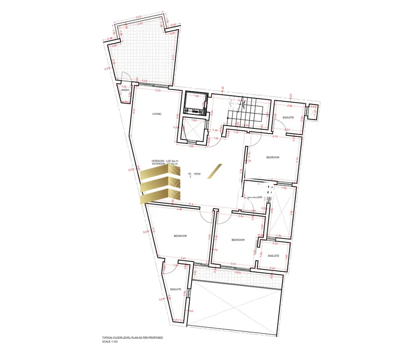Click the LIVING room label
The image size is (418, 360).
pyautogui.click(x=157, y=114)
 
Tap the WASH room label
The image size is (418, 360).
pyautogui.click(x=125, y=90)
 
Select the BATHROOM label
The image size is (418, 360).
pyautogui.click(x=254, y=197)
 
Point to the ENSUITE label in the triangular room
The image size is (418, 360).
pyautogui.click(x=176, y=289)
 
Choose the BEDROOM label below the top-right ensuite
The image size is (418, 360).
pyautogui.click(x=273, y=157)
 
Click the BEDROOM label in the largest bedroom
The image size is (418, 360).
pyautogui.click(x=180, y=236)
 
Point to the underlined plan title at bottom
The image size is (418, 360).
pyautogui.click(x=132, y=337)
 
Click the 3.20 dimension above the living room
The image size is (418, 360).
pyautogui.click(x=158, y=90)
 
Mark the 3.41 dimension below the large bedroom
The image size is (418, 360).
pyautogui.click(x=183, y=258)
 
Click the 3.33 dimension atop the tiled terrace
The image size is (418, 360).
pyautogui.click(x=139, y=18)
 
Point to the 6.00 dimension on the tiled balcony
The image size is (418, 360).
pyautogui.click(x=238, y=272)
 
